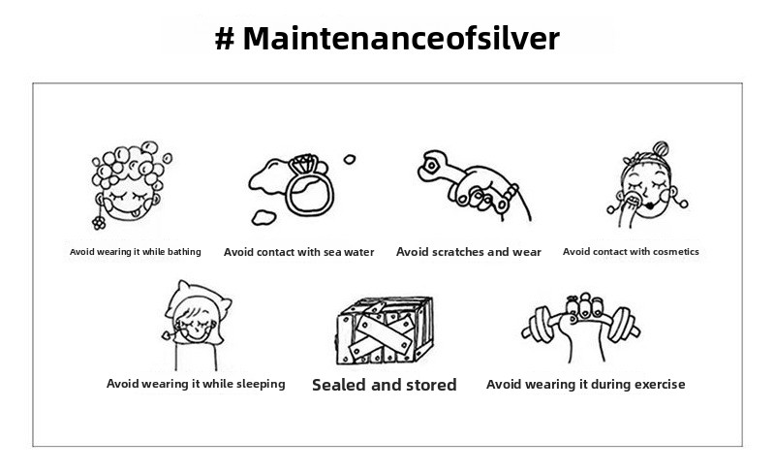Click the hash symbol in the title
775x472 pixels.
click(x=225, y=39)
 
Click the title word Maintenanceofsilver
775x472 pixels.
click(x=401, y=38)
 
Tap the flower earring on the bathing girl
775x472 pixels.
click(x=99, y=223)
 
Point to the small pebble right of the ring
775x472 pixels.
click(x=350, y=159)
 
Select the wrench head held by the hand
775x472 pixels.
click(x=432, y=166)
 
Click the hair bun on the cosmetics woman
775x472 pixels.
click(x=661, y=148)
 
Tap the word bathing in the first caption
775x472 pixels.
click(x=184, y=252)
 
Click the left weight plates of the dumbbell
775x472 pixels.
click(x=540, y=324)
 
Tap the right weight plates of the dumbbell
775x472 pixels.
click(x=623, y=324)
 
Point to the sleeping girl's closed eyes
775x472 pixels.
click(x=197, y=325)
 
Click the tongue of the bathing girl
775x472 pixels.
click(x=134, y=213)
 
